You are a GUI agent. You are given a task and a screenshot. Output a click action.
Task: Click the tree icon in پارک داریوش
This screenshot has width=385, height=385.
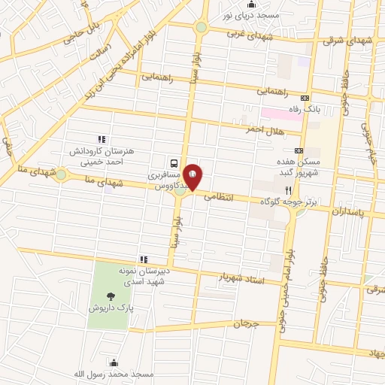click(x=111, y=296)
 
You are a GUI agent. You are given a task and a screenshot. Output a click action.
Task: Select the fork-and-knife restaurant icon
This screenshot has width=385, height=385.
click(x=288, y=191)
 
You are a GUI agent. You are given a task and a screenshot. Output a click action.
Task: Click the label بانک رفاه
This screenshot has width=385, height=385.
click(x=328, y=109)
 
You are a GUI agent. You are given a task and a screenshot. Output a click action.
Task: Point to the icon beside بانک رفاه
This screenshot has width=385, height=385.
click(x=305, y=98)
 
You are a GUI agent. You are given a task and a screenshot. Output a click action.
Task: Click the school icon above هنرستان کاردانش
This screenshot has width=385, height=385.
click(x=102, y=138)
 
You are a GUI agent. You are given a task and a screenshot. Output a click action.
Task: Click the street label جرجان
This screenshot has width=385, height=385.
click(x=246, y=325)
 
